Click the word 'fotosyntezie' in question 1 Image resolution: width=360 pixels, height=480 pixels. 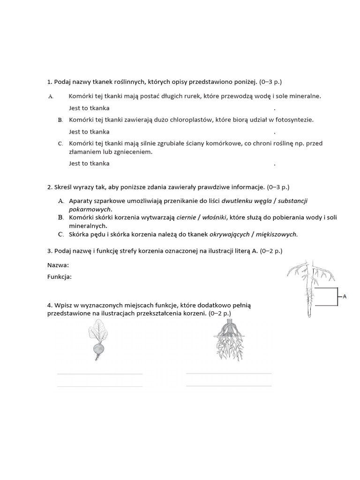tap(296, 120)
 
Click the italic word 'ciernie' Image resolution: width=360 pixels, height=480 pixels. tap(186, 217)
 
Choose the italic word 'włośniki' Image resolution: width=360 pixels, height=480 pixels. tap(214, 217)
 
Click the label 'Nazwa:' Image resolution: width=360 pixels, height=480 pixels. tap(58, 265)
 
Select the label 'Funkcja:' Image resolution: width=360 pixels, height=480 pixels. tap(60, 277)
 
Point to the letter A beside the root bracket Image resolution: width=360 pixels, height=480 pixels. tap(345, 296)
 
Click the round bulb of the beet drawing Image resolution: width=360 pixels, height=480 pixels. tap(98, 348)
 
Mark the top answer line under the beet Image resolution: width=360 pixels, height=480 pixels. tap(99, 374)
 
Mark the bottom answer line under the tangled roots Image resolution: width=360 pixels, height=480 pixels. tap(229, 386)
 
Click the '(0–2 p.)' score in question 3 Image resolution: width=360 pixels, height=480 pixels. tap(272, 251)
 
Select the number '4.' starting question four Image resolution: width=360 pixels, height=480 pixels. tap(50, 305)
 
